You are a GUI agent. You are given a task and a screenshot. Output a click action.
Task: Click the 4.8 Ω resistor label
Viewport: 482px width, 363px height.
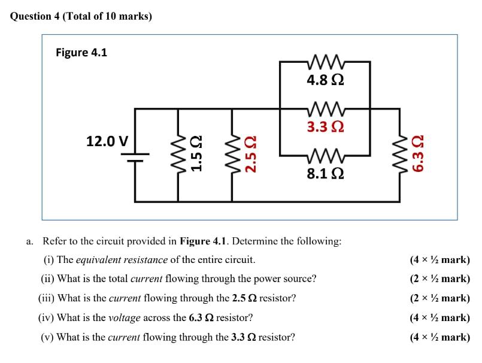(325, 80)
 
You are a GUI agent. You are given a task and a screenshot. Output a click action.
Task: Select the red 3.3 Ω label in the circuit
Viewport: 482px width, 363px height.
(325, 127)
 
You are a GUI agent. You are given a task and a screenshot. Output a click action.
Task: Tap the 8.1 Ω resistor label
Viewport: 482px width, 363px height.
(325, 174)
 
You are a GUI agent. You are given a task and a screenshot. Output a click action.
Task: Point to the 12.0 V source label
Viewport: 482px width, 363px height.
(107, 141)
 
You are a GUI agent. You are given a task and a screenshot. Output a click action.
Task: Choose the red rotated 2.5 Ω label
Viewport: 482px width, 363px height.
(252, 154)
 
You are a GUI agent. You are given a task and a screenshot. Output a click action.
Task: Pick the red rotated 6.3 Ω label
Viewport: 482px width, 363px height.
(420, 154)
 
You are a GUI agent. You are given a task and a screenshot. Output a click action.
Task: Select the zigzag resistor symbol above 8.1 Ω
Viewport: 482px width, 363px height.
(325, 157)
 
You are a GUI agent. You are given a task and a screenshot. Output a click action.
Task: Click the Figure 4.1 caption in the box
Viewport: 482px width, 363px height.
(81, 53)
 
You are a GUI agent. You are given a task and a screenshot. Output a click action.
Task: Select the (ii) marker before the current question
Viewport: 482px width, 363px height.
(47, 279)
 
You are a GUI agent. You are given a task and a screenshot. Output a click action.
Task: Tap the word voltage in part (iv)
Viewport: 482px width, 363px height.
(124, 317)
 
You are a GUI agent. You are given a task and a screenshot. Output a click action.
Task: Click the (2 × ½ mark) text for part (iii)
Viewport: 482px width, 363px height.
(439, 298)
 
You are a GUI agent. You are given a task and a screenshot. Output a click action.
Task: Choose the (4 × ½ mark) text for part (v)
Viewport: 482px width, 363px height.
(439, 337)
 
